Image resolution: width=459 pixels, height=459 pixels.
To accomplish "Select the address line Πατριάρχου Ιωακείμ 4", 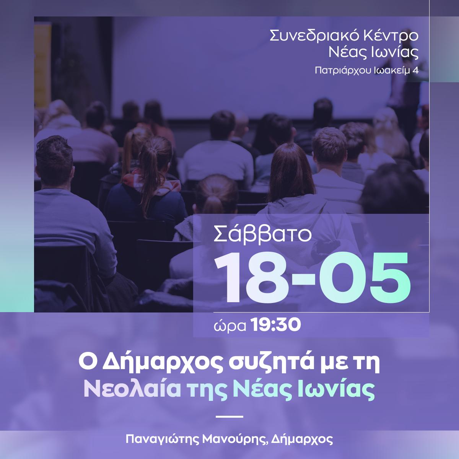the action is (x=366, y=70).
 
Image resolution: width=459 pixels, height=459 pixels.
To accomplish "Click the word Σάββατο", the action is (x=263, y=234).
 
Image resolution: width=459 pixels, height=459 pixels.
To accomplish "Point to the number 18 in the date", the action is (x=253, y=277).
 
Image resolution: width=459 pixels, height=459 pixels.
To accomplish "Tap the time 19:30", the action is (x=276, y=325).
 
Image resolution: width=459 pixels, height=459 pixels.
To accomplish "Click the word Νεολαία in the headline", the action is (x=132, y=389).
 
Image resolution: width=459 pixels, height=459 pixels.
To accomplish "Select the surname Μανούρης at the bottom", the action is (x=234, y=439).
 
